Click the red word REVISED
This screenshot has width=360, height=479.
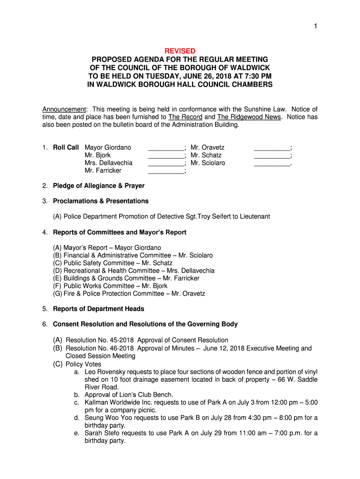click(x=180, y=51)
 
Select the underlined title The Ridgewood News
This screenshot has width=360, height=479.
click(x=249, y=117)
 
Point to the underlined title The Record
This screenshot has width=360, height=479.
click(x=185, y=117)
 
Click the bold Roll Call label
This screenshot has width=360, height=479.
click(x=66, y=147)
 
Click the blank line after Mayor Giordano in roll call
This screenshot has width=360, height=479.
click(x=166, y=148)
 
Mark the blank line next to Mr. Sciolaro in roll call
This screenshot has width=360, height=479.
click(x=272, y=163)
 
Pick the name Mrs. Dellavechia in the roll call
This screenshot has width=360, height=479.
click(x=108, y=163)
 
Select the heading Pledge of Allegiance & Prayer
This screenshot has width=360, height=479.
click(x=99, y=186)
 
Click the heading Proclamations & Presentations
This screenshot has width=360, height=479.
click(x=101, y=201)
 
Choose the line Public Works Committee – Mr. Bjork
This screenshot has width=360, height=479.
click(x=110, y=286)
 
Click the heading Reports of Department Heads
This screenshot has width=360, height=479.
click(x=99, y=309)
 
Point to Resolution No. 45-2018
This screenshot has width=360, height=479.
click(x=100, y=340)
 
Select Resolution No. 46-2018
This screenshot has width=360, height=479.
click(x=100, y=348)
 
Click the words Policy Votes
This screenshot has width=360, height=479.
click(x=83, y=364)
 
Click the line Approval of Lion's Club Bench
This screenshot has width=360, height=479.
click(x=129, y=395)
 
